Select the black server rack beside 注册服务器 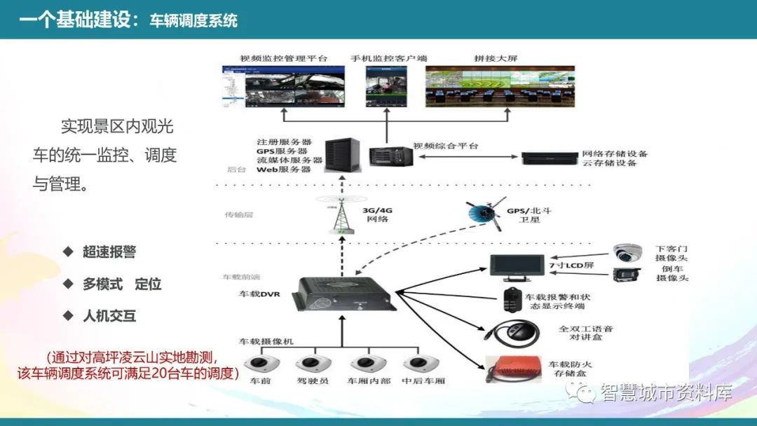341,156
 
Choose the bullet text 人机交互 109,316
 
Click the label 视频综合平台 446,146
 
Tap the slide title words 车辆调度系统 193,20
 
